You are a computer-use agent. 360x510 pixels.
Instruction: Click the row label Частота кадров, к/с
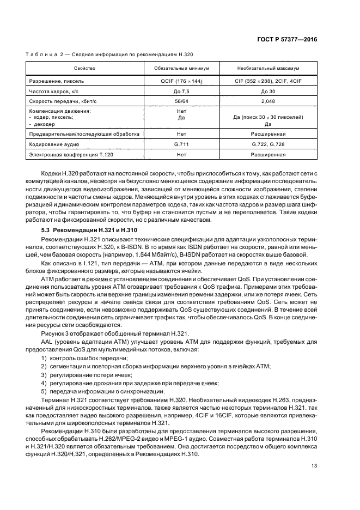pos(54,91)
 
